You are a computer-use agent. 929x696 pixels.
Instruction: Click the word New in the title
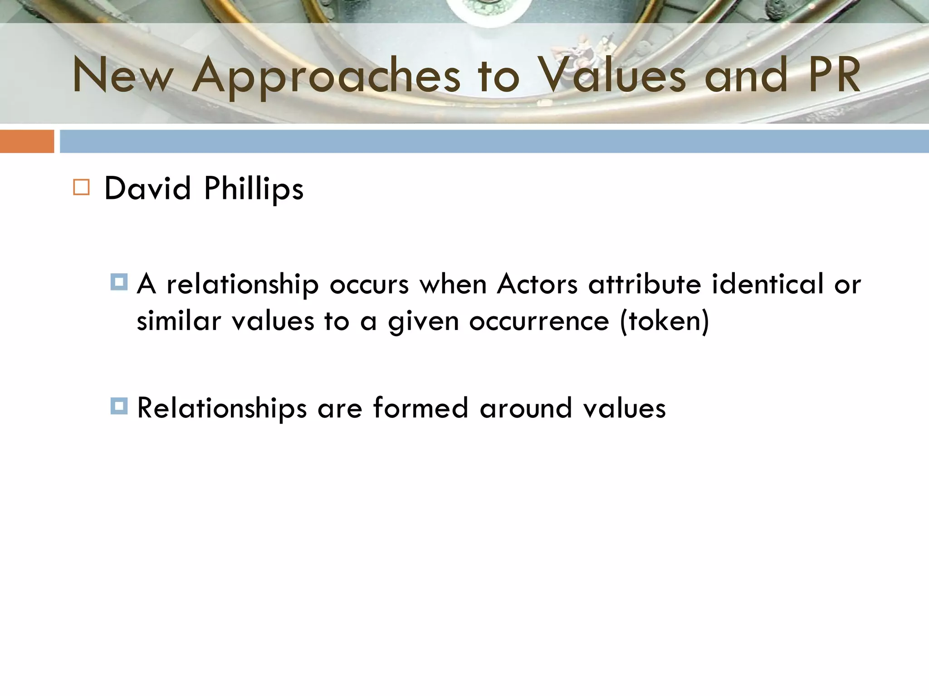[123, 75]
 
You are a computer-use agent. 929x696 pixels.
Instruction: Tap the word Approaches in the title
[326, 76]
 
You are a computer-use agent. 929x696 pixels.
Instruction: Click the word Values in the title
[612, 75]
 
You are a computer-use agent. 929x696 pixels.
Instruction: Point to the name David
[147, 188]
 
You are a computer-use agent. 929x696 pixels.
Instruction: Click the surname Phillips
[254, 189]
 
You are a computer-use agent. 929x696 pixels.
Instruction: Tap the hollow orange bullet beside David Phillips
[81, 187]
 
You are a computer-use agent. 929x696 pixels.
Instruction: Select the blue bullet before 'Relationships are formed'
[119, 406]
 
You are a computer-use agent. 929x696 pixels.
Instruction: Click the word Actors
[537, 285]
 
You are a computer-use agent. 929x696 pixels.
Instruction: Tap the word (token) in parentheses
[665, 322]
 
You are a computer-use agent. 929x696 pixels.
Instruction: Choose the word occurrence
[539, 322]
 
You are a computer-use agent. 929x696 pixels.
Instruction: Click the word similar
[179, 321]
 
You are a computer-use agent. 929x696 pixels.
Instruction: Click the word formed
[420, 407]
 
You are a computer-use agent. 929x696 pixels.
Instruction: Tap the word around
[526, 408]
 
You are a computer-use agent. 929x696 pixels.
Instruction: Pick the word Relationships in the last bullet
[222, 408]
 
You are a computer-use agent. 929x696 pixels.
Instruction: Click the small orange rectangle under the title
[27, 141]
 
